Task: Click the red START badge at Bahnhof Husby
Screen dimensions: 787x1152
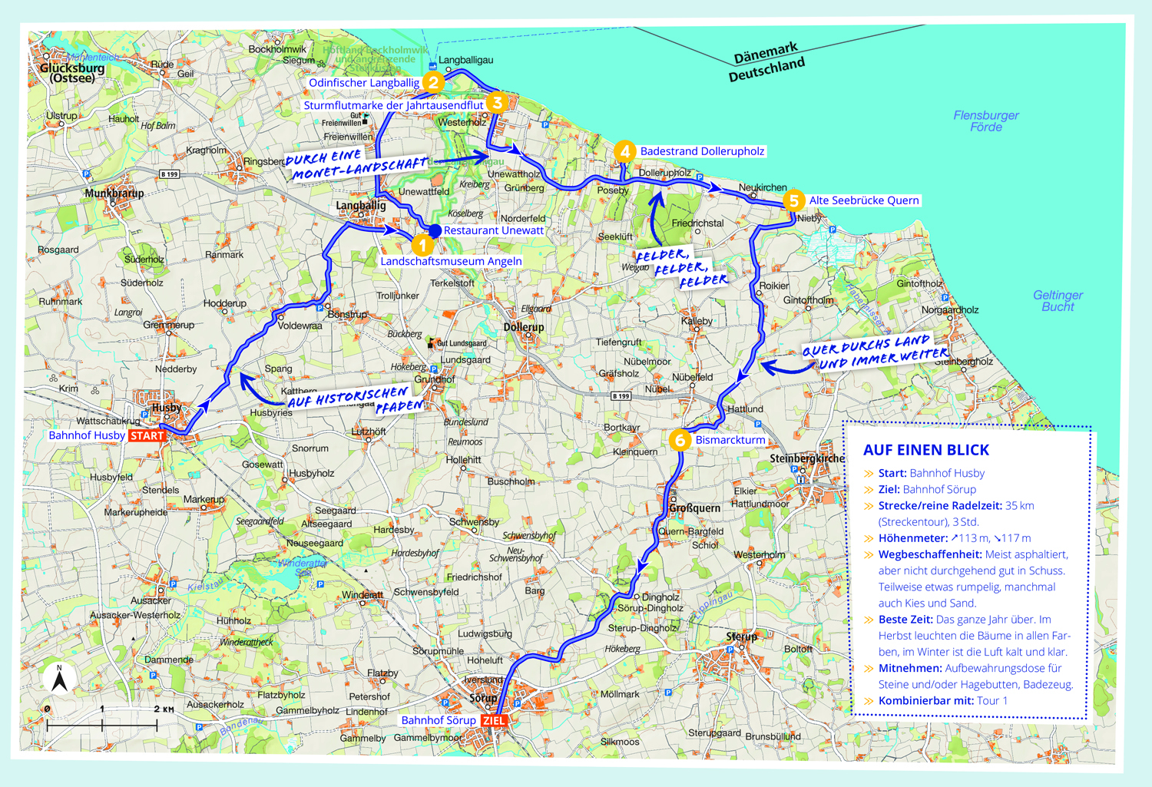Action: pyautogui.click(x=147, y=435)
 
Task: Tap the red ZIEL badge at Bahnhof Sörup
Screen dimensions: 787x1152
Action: pyautogui.click(x=494, y=720)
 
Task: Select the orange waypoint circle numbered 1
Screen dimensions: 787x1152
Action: pyautogui.click(x=422, y=245)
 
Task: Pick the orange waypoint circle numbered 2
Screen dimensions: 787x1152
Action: pyautogui.click(x=434, y=82)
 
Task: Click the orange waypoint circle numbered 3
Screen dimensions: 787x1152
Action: pyautogui.click(x=497, y=102)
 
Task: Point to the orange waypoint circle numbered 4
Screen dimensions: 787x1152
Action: pyautogui.click(x=624, y=151)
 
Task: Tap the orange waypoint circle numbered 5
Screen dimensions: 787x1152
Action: pyautogui.click(x=793, y=200)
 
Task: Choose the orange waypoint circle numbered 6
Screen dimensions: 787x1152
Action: pyautogui.click(x=680, y=440)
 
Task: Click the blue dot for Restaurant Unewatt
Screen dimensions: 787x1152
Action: pyautogui.click(x=435, y=230)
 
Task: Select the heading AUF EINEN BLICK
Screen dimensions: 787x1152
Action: pyautogui.click(x=926, y=450)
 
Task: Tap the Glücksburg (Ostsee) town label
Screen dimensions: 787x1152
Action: pyautogui.click(x=71, y=72)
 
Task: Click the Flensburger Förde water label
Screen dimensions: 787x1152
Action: pyautogui.click(x=986, y=121)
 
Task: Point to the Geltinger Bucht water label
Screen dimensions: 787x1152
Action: pyautogui.click(x=1058, y=300)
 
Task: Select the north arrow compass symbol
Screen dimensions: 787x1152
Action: pyautogui.click(x=59, y=680)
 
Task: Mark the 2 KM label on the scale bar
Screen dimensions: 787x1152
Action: pyautogui.click(x=164, y=709)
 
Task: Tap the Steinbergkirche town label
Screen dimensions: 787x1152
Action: pyautogui.click(x=806, y=458)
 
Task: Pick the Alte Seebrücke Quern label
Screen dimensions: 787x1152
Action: pyautogui.click(x=863, y=200)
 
